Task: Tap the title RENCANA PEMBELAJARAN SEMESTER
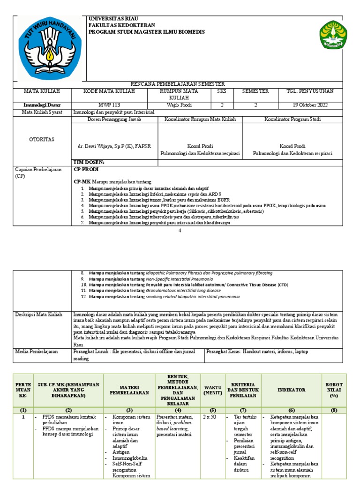point(180,84)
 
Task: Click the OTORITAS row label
point(42,139)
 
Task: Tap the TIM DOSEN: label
point(89,162)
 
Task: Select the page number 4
point(180,231)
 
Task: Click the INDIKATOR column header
point(291,390)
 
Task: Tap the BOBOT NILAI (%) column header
point(334,390)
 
